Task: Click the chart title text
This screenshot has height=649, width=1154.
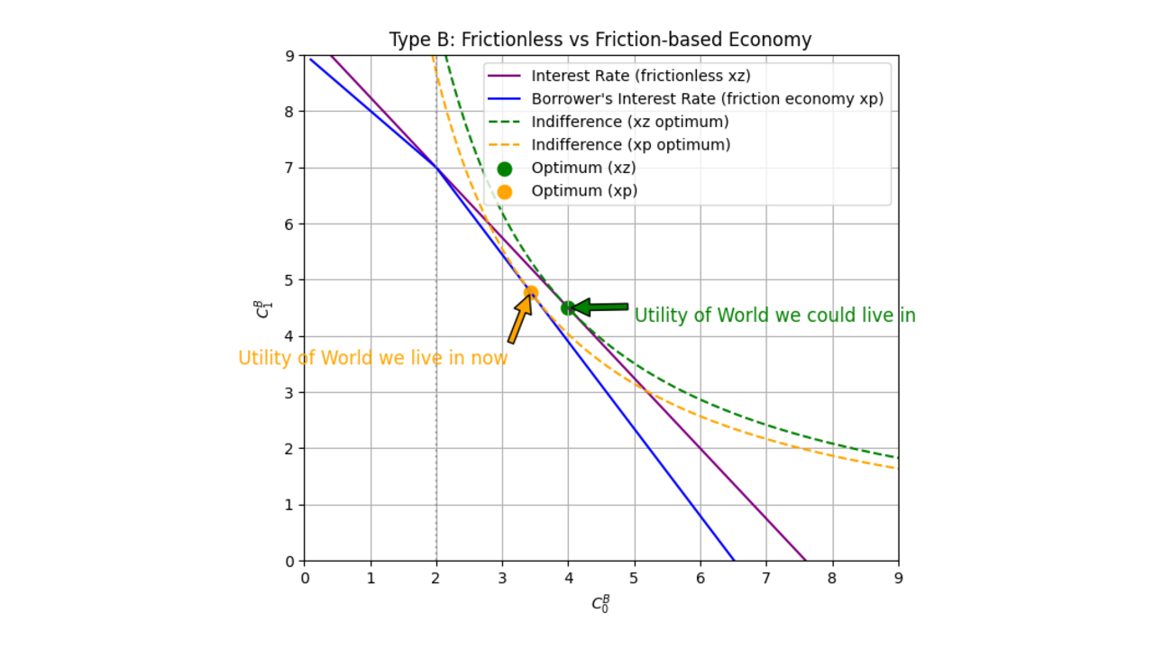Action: pos(600,41)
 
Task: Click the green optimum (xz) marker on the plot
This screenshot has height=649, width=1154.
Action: pos(568,307)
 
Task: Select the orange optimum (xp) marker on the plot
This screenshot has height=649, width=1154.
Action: pos(531,292)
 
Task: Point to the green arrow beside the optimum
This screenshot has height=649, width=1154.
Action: pos(600,307)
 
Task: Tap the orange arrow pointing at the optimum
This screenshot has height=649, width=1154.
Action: pos(519,318)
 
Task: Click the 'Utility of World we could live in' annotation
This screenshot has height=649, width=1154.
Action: pos(774,315)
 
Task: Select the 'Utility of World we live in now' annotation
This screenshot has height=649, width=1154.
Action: pos(372,358)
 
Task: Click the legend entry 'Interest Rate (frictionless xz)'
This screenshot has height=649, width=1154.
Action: pos(640,76)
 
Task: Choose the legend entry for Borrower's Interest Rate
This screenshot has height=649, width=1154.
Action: pos(707,99)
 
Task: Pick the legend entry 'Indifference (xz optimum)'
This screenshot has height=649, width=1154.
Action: pos(629,122)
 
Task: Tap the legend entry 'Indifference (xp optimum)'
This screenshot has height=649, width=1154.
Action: pos(630,145)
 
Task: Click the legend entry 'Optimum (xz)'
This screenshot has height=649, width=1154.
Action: pos(583,168)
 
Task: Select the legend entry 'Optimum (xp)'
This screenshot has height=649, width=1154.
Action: pos(583,191)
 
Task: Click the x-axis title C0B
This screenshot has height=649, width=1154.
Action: pos(601,603)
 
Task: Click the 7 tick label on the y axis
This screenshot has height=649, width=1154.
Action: pos(290,168)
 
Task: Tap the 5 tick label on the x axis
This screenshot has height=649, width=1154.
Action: pos(635,578)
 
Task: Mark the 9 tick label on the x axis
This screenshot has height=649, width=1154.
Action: pos(898,578)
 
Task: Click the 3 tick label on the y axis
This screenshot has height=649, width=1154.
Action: pos(290,392)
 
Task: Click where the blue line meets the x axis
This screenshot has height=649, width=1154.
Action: pos(734,561)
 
